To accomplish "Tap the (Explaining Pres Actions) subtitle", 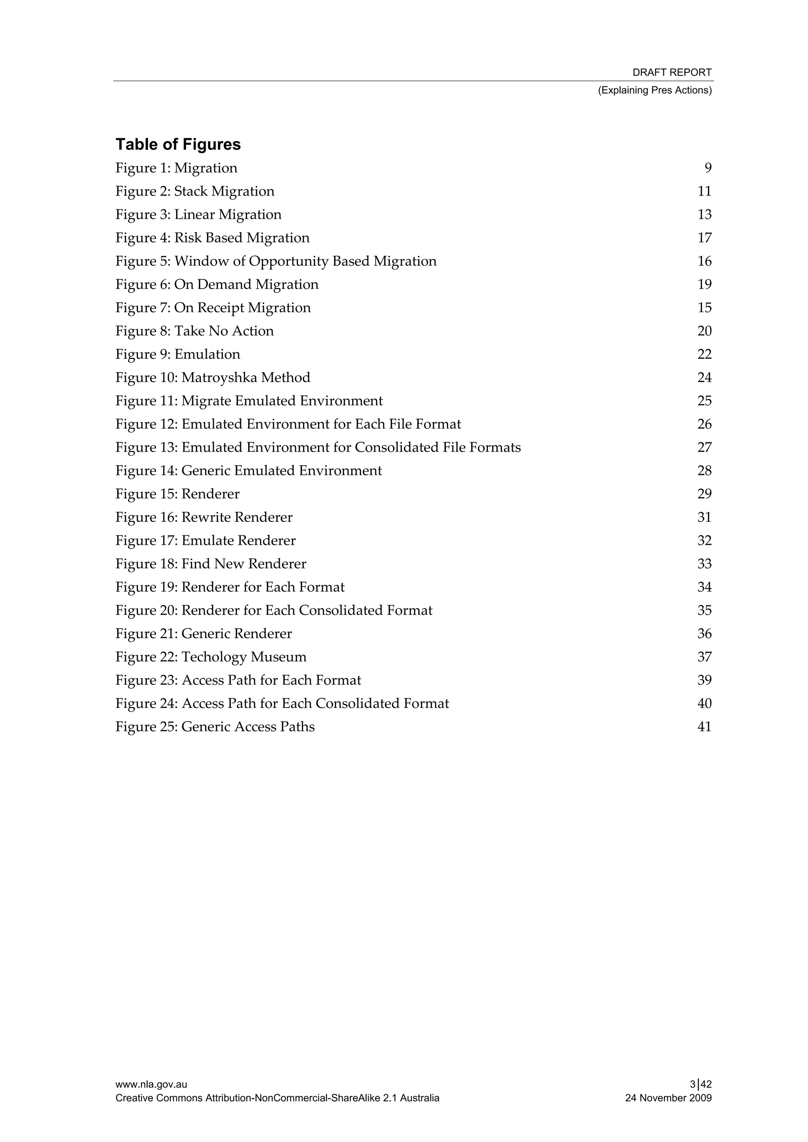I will point(655,90).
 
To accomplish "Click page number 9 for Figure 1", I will point(707,168).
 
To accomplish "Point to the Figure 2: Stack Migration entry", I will point(195,192).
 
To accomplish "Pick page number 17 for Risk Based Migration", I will point(704,238).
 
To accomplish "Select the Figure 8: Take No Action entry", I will point(194,331).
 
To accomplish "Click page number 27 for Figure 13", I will point(704,448).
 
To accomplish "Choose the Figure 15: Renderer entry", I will point(177,494).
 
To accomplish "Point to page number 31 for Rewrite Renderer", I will point(704,517).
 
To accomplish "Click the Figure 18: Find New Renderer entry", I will point(211,564).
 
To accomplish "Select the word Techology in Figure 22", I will point(214,657).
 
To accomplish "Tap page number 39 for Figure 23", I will point(704,680).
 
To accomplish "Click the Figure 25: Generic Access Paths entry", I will point(215,727).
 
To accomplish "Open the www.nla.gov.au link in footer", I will point(151,1085).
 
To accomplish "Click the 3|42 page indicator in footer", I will point(700,1085).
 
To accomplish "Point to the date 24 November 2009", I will point(668,1098).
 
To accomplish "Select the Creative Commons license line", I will point(277,1098).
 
